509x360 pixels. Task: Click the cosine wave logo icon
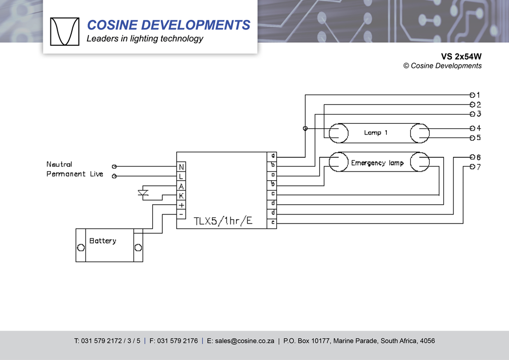point(65,32)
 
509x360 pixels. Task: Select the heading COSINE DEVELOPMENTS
point(168,25)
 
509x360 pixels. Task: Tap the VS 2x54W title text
point(461,57)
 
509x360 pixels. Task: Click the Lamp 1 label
point(376,133)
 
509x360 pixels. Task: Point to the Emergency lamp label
point(377,163)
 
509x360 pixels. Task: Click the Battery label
point(103,241)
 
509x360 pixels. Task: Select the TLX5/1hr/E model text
point(223,221)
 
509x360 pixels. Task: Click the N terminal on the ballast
point(181,167)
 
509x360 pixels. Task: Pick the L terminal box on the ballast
point(181,176)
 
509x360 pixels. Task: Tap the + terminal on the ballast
point(181,205)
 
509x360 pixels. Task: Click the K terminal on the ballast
point(181,196)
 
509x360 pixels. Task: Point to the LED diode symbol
point(143,193)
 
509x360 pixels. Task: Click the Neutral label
point(59,164)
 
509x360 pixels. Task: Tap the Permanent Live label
point(75,174)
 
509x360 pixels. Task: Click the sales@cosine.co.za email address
point(240,341)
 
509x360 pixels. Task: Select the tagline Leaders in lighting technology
point(145,39)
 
